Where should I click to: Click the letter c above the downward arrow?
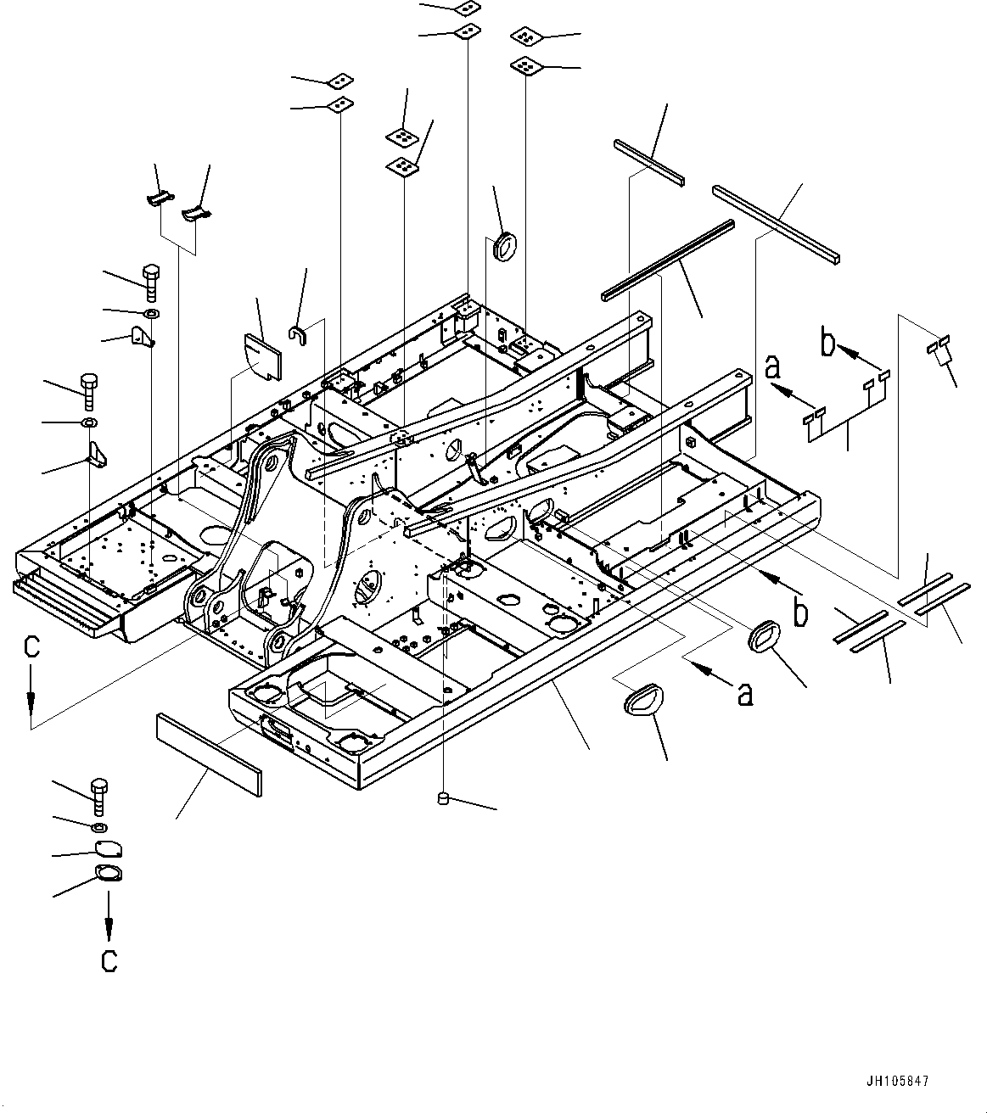(x=31, y=648)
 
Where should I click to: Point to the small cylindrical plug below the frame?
(x=442, y=797)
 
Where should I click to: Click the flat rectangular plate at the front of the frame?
(x=208, y=754)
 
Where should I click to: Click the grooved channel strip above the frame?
(x=667, y=260)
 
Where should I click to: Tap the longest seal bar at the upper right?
(x=776, y=223)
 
